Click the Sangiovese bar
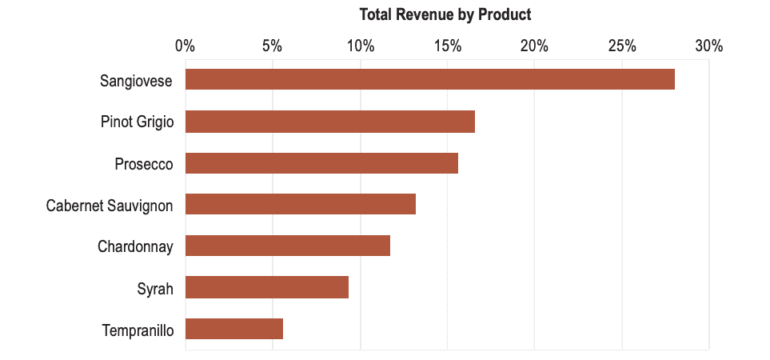click(x=429, y=80)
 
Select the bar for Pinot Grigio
click(x=329, y=122)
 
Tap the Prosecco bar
click(x=321, y=163)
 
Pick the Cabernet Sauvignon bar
click(x=300, y=205)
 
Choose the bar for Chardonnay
click(x=287, y=246)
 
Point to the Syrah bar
click(x=266, y=287)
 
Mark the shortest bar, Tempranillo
click(x=233, y=329)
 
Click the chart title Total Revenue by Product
click(x=445, y=14)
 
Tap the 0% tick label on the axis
click(x=185, y=46)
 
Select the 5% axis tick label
click(x=272, y=46)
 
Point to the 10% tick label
click(x=360, y=46)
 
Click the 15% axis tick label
click(x=447, y=46)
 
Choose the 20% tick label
click(x=534, y=46)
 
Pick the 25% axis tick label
click(x=622, y=46)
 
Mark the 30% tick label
click(x=709, y=46)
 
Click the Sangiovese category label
click(x=136, y=81)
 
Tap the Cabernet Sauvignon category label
click(x=110, y=206)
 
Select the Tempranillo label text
click(x=138, y=330)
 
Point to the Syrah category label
click(x=155, y=289)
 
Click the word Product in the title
click(x=505, y=14)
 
